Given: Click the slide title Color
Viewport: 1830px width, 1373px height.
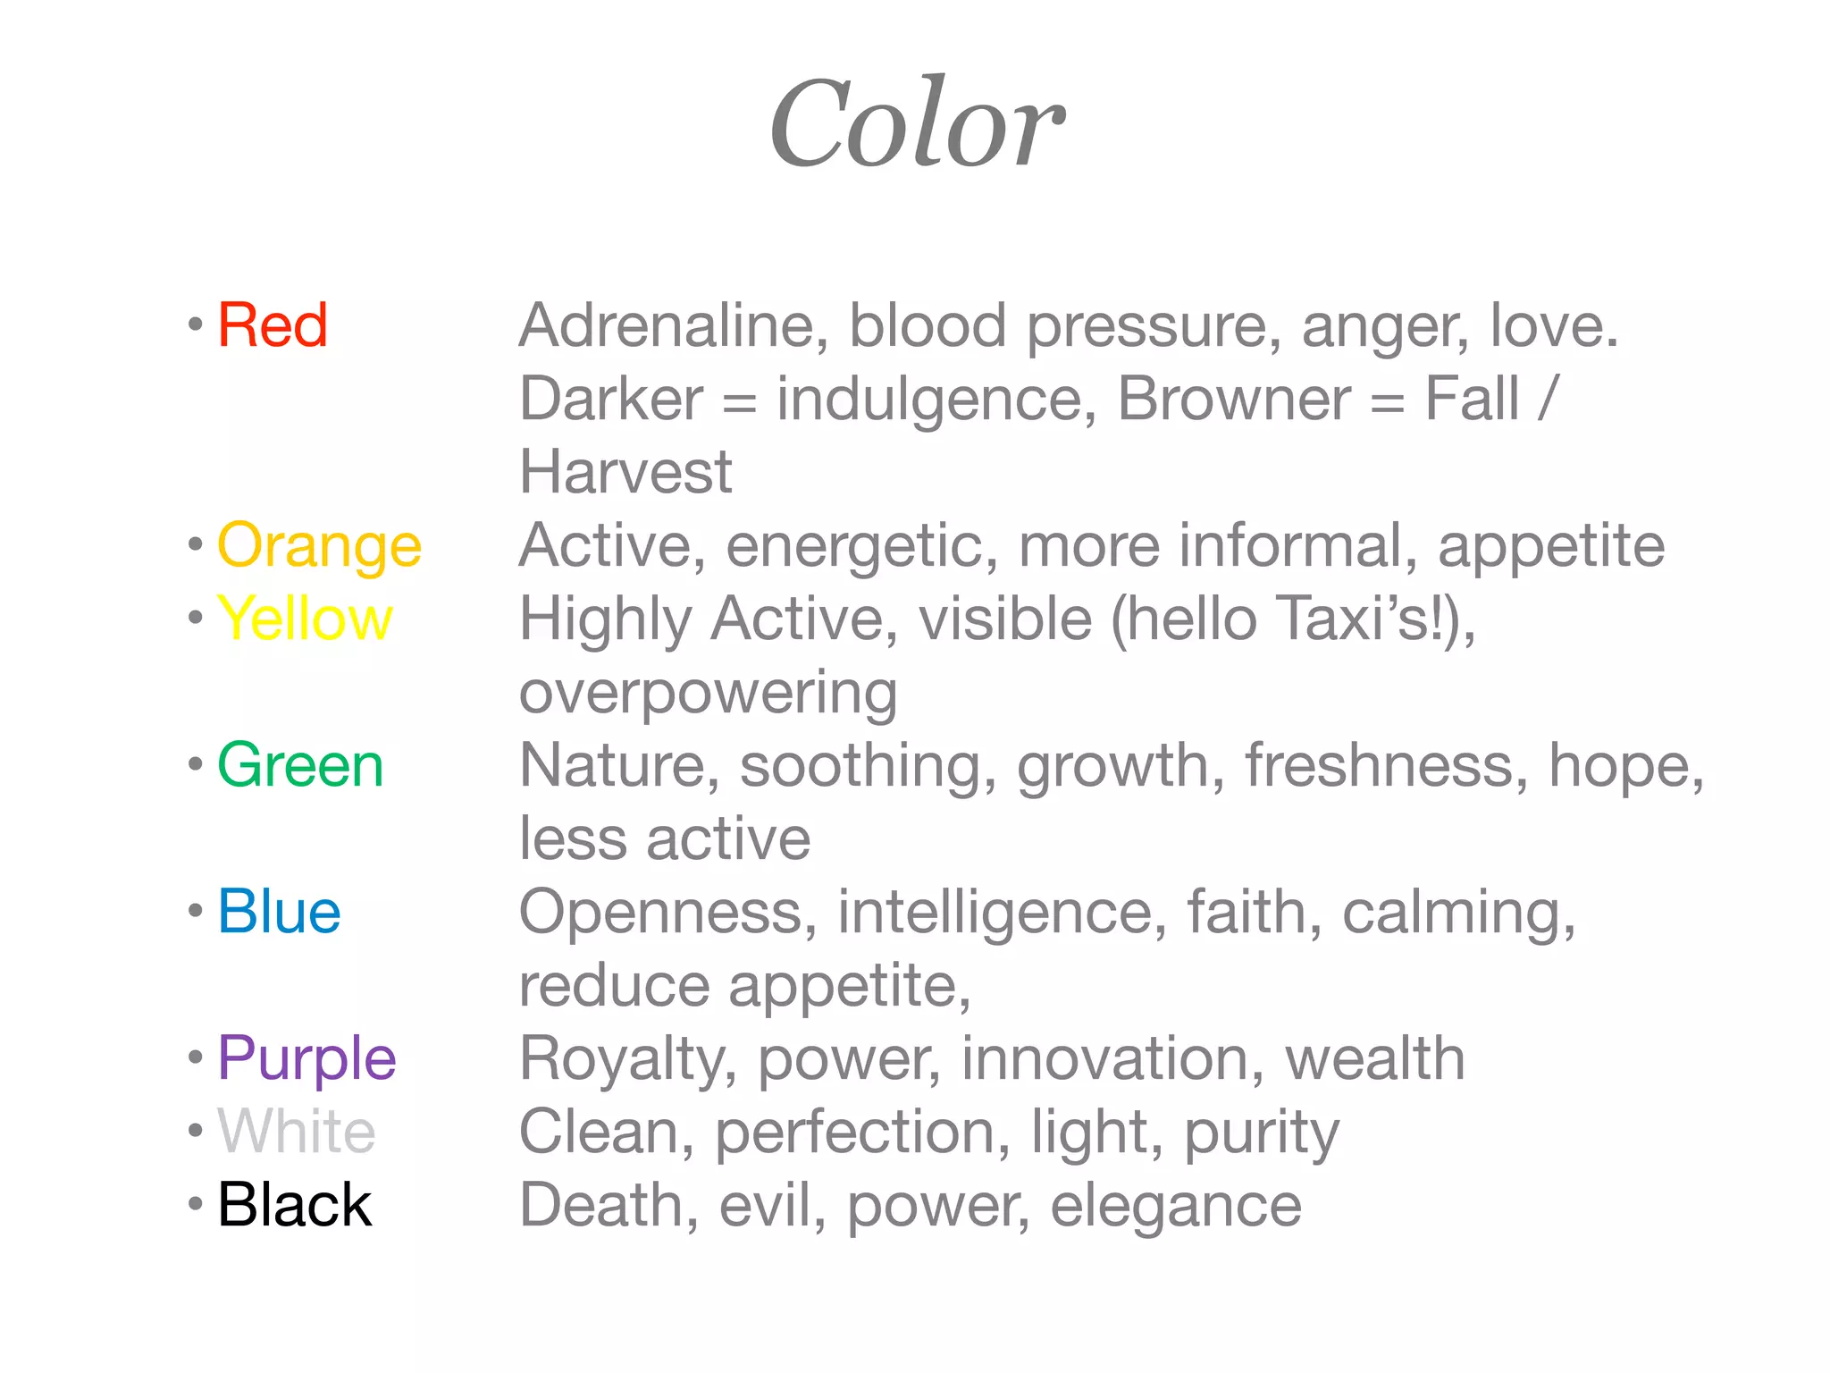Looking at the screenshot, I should pyautogui.click(x=917, y=125).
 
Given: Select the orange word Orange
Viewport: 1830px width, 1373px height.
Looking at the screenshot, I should pyautogui.click(x=319, y=546).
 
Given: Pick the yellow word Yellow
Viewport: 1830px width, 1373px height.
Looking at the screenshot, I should pyautogui.click(x=305, y=619).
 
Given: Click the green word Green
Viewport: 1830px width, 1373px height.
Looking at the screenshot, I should pyautogui.click(x=300, y=766).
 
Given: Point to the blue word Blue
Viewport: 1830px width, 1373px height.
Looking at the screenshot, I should pyautogui.click(x=279, y=912).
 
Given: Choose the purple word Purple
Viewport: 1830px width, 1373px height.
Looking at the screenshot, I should pyautogui.click(x=306, y=1059).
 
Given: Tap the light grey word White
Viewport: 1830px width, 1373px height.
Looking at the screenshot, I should pyautogui.click(x=296, y=1132).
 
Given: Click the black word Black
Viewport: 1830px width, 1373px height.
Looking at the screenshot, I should pyautogui.click(x=294, y=1205).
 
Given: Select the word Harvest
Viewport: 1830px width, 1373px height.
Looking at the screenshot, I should pyautogui.click(x=625, y=472).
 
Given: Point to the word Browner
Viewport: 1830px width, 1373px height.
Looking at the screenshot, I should pyautogui.click(x=1234, y=399).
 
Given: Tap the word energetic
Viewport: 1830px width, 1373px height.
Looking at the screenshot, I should pyautogui.click(x=861, y=546).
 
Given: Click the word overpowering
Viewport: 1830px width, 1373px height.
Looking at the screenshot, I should pyautogui.click(x=708, y=694).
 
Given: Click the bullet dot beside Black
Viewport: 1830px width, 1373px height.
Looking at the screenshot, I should pyautogui.click(x=196, y=1204).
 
